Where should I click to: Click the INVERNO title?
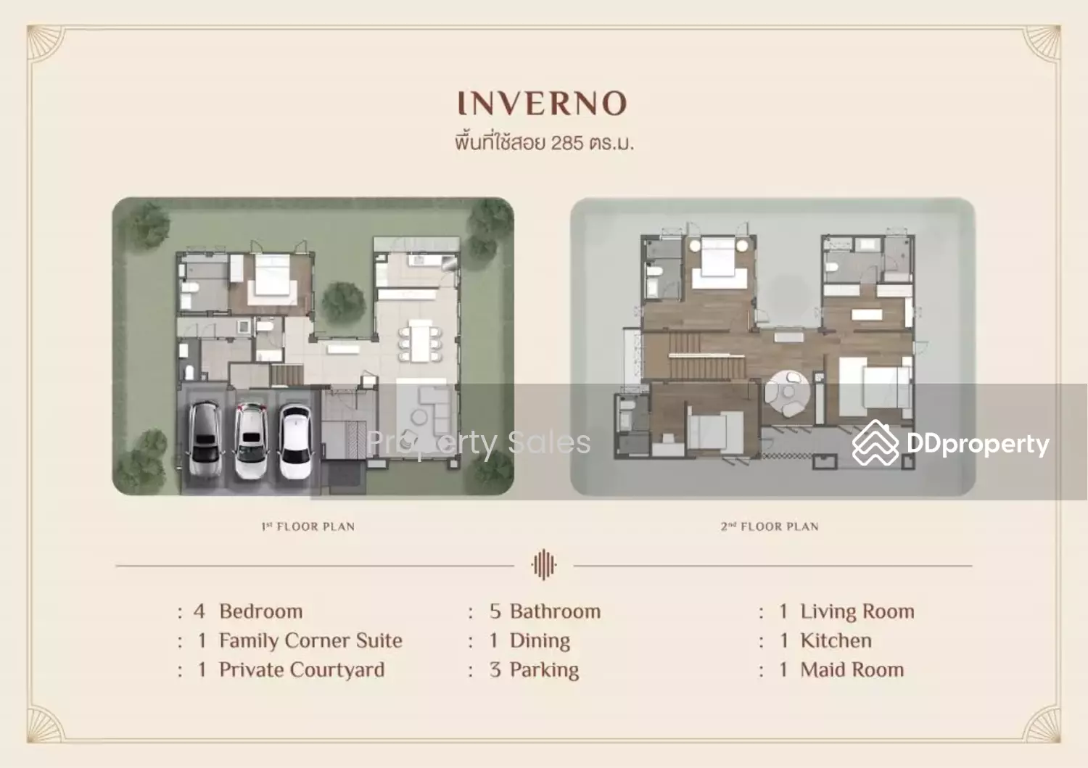[x=543, y=103]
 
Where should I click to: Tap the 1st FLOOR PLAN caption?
[x=308, y=527]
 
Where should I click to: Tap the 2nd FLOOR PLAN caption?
[x=770, y=527]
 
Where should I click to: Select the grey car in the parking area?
[x=205, y=439]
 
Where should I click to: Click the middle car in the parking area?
[x=251, y=441]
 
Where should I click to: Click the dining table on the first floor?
[x=421, y=340]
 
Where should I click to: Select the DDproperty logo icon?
[x=875, y=443]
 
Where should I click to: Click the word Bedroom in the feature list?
[x=261, y=611]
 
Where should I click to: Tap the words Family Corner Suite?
[x=310, y=640]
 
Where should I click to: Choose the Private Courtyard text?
[x=302, y=670]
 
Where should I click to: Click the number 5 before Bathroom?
[x=495, y=611]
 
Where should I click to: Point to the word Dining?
[x=540, y=641]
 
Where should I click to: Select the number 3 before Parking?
[x=495, y=669]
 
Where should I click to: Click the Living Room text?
[x=857, y=611]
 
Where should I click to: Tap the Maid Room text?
[x=852, y=669]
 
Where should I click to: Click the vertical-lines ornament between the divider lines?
[x=543, y=565]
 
